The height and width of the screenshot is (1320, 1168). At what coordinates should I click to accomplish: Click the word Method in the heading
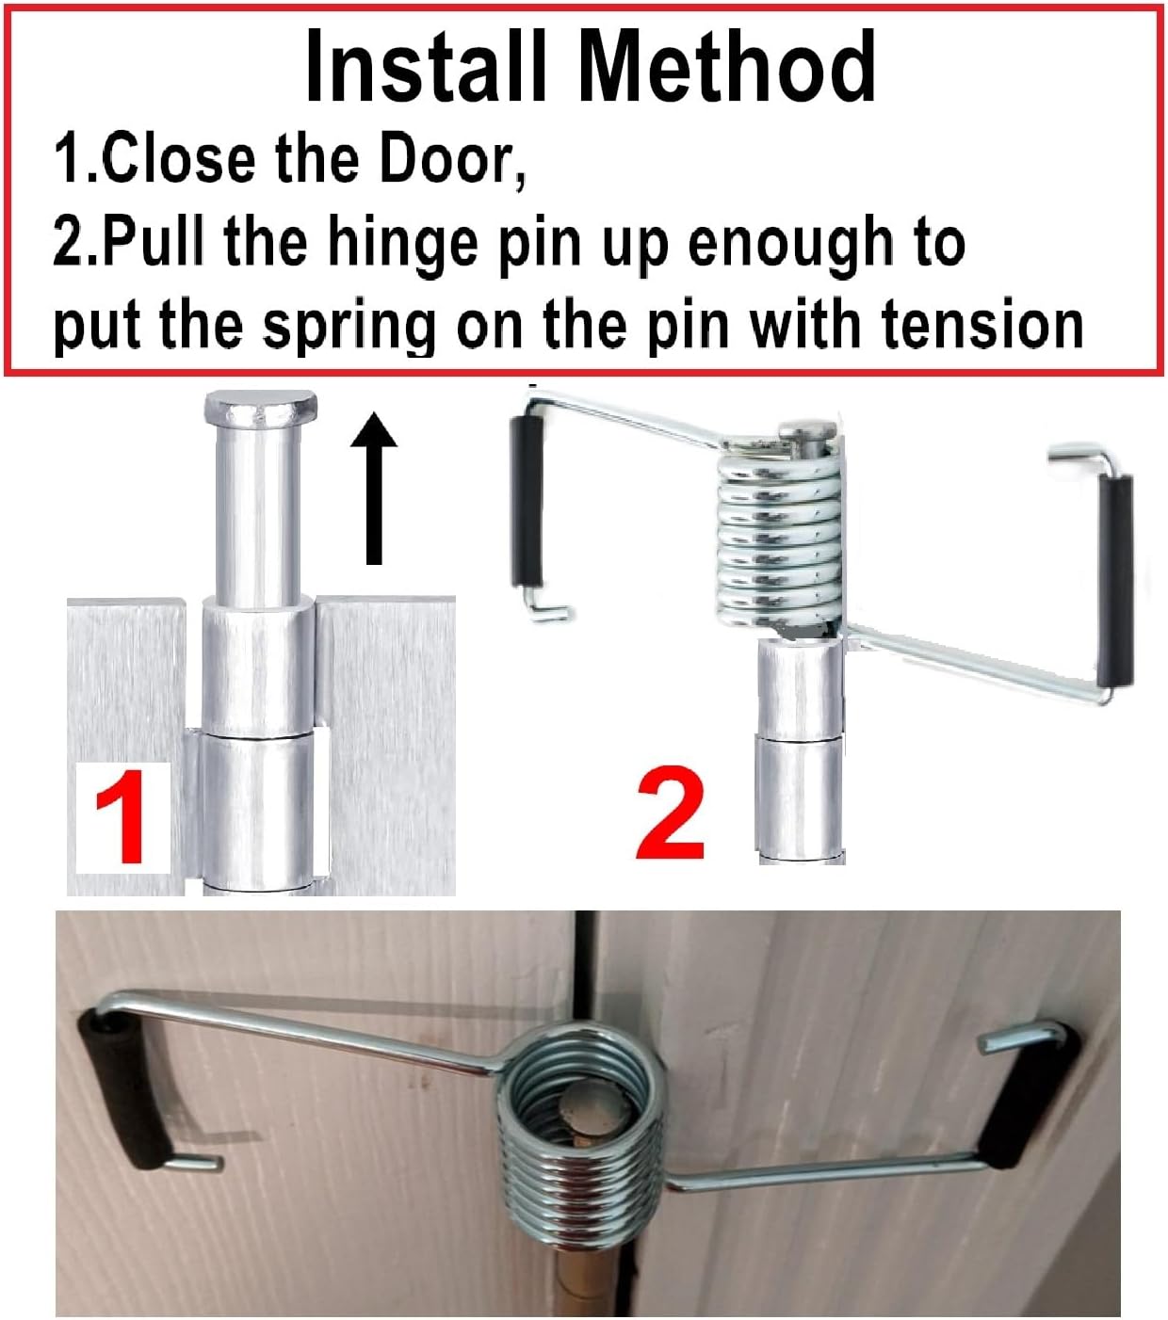pyautogui.click(x=726, y=68)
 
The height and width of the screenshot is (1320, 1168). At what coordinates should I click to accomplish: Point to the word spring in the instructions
pyautogui.click(x=349, y=326)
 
